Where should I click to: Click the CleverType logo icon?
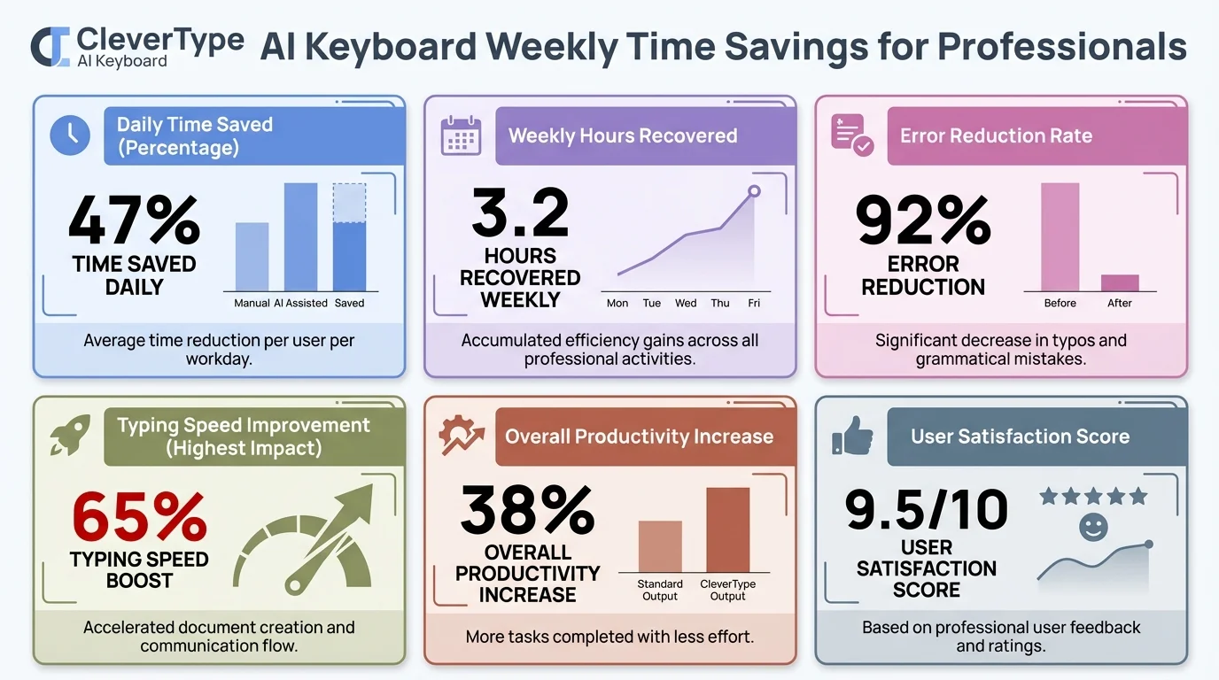tap(50, 46)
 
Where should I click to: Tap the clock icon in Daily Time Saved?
tap(70, 134)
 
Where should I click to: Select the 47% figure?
tap(134, 220)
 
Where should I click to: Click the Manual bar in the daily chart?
tap(252, 257)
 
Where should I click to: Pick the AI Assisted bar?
tap(300, 237)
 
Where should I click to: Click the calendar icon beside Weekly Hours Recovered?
tap(461, 136)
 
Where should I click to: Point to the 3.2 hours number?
tap(520, 212)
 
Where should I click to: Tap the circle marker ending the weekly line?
tap(754, 191)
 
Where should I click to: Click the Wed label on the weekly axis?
tap(686, 303)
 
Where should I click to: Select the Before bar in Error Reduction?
tap(1060, 237)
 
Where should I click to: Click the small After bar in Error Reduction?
tap(1120, 283)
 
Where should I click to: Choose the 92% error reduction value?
tap(923, 220)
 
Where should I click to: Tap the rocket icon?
tap(68, 436)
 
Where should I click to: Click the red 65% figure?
tap(139, 517)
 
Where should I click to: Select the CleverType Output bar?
tap(727, 529)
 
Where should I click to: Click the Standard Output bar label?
tap(660, 590)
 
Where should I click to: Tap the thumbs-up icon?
tap(852, 437)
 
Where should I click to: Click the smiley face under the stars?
tap(1093, 529)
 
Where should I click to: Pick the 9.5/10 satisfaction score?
tap(926, 509)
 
